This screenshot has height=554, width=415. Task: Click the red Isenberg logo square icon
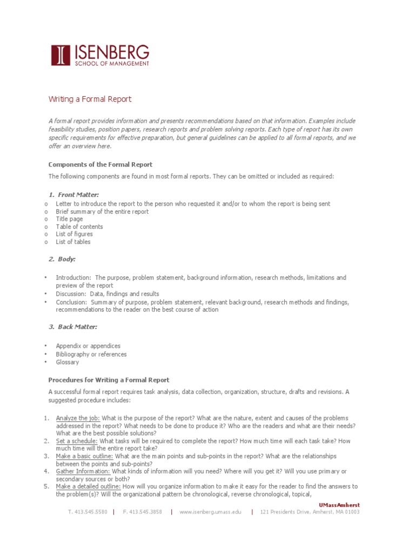click(61, 55)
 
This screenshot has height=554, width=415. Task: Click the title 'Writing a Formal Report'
click(90, 100)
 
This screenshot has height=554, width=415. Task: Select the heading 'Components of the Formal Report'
click(101, 164)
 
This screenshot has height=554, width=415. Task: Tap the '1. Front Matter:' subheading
click(74, 194)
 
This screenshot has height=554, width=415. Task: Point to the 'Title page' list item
click(70, 219)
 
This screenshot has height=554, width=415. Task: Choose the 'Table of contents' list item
click(79, 227)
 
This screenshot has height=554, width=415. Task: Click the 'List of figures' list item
click(75, 234)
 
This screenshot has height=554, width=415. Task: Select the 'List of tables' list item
click(73, 242)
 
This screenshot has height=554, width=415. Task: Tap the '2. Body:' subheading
click(62, 259)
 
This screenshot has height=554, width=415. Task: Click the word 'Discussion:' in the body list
click(71, 294)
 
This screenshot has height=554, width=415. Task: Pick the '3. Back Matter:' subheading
click(73, 327)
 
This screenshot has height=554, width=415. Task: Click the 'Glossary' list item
click(68, 362)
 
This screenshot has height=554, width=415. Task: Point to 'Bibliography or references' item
click(91, 354)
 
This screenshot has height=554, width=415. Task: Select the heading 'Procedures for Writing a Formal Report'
click(109, 380)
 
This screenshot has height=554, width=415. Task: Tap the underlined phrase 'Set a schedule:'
click(77, 441)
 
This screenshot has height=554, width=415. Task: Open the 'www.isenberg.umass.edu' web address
click(211, 512)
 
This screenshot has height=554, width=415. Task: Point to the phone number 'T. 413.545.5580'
click(88, 512)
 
